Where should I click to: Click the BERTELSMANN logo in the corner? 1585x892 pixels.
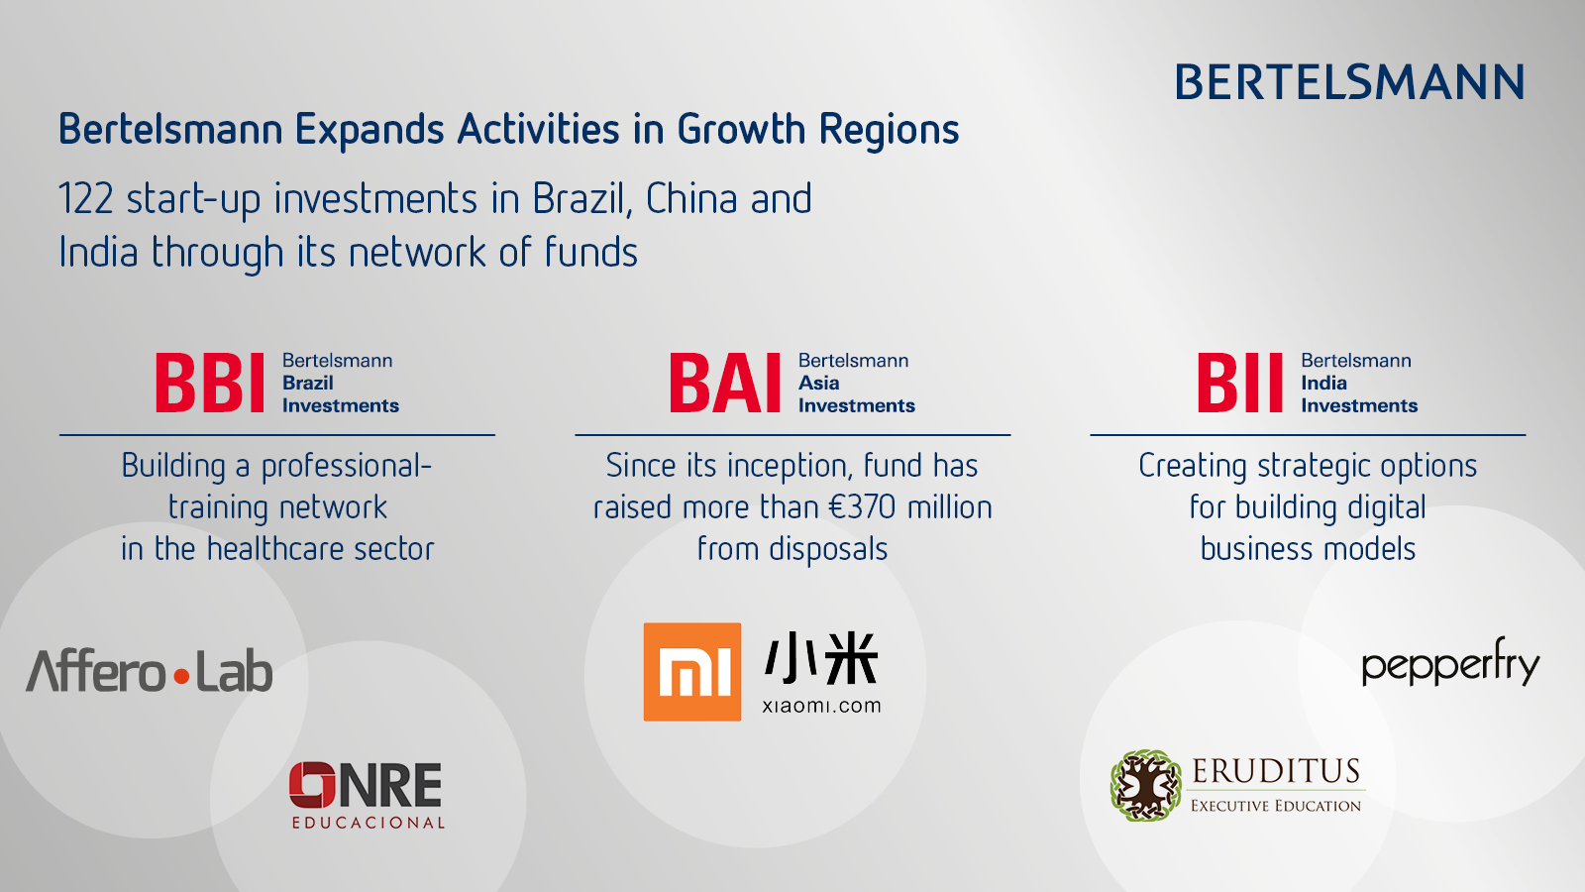point(1349,82)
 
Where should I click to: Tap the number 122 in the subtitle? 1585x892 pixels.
point(85,199)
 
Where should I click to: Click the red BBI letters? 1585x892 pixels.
point(210,383)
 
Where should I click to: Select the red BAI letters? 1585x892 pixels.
point(725,383)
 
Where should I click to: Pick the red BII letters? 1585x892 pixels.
point(1239,383)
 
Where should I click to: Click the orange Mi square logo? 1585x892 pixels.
point(692,672)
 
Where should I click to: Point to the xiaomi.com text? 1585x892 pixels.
point(821,706)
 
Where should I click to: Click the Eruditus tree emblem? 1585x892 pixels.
point(1145,785)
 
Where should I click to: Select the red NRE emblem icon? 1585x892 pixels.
point(312,784)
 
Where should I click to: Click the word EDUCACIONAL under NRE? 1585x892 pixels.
point(369,823)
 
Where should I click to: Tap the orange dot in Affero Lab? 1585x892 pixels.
point(182,677)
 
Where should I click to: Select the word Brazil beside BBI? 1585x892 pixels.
point(308,383)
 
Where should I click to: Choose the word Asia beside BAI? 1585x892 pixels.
point(818,383)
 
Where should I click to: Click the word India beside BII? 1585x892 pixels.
point(1323,383)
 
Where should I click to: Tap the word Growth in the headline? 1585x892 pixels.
point(742,130)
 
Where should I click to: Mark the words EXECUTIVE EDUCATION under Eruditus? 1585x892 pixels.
point(1276,806)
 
